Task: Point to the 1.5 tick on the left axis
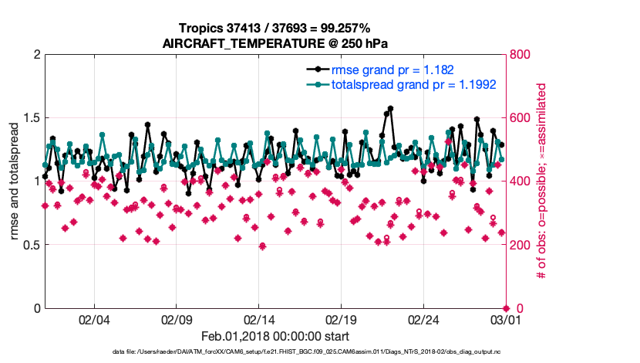31,118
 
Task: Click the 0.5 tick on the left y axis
31,245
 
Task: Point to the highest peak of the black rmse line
391,109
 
